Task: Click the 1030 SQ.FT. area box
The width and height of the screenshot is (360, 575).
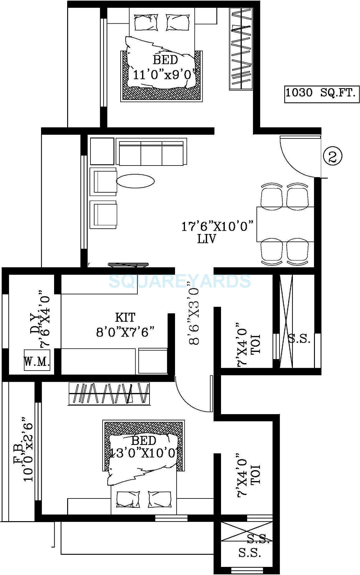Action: click(x=320, y=93)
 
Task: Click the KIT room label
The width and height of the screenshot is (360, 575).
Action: click(x=125, y=318)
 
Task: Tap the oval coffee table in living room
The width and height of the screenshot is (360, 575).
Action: click(x=136, y=180)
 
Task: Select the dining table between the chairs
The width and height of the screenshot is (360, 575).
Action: click(x=285, y=224)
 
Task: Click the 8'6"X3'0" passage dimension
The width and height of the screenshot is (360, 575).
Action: click(x=193, y=311)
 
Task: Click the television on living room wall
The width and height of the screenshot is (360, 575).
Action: click(x=128, y=265)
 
